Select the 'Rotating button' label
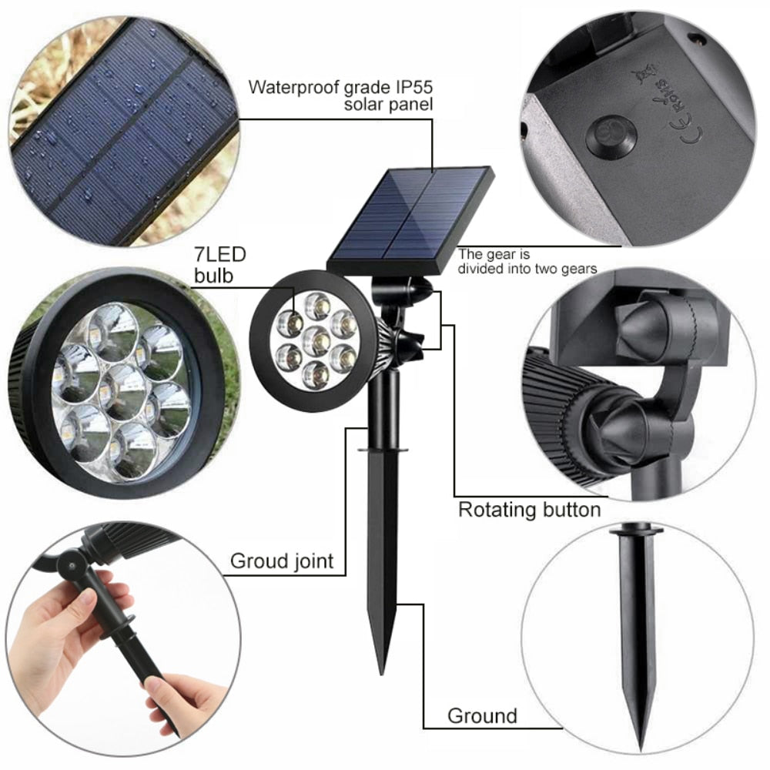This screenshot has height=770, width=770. (529, 509)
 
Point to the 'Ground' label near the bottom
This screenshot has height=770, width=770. (482, 715)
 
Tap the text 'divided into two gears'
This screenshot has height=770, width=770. (527, 268)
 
